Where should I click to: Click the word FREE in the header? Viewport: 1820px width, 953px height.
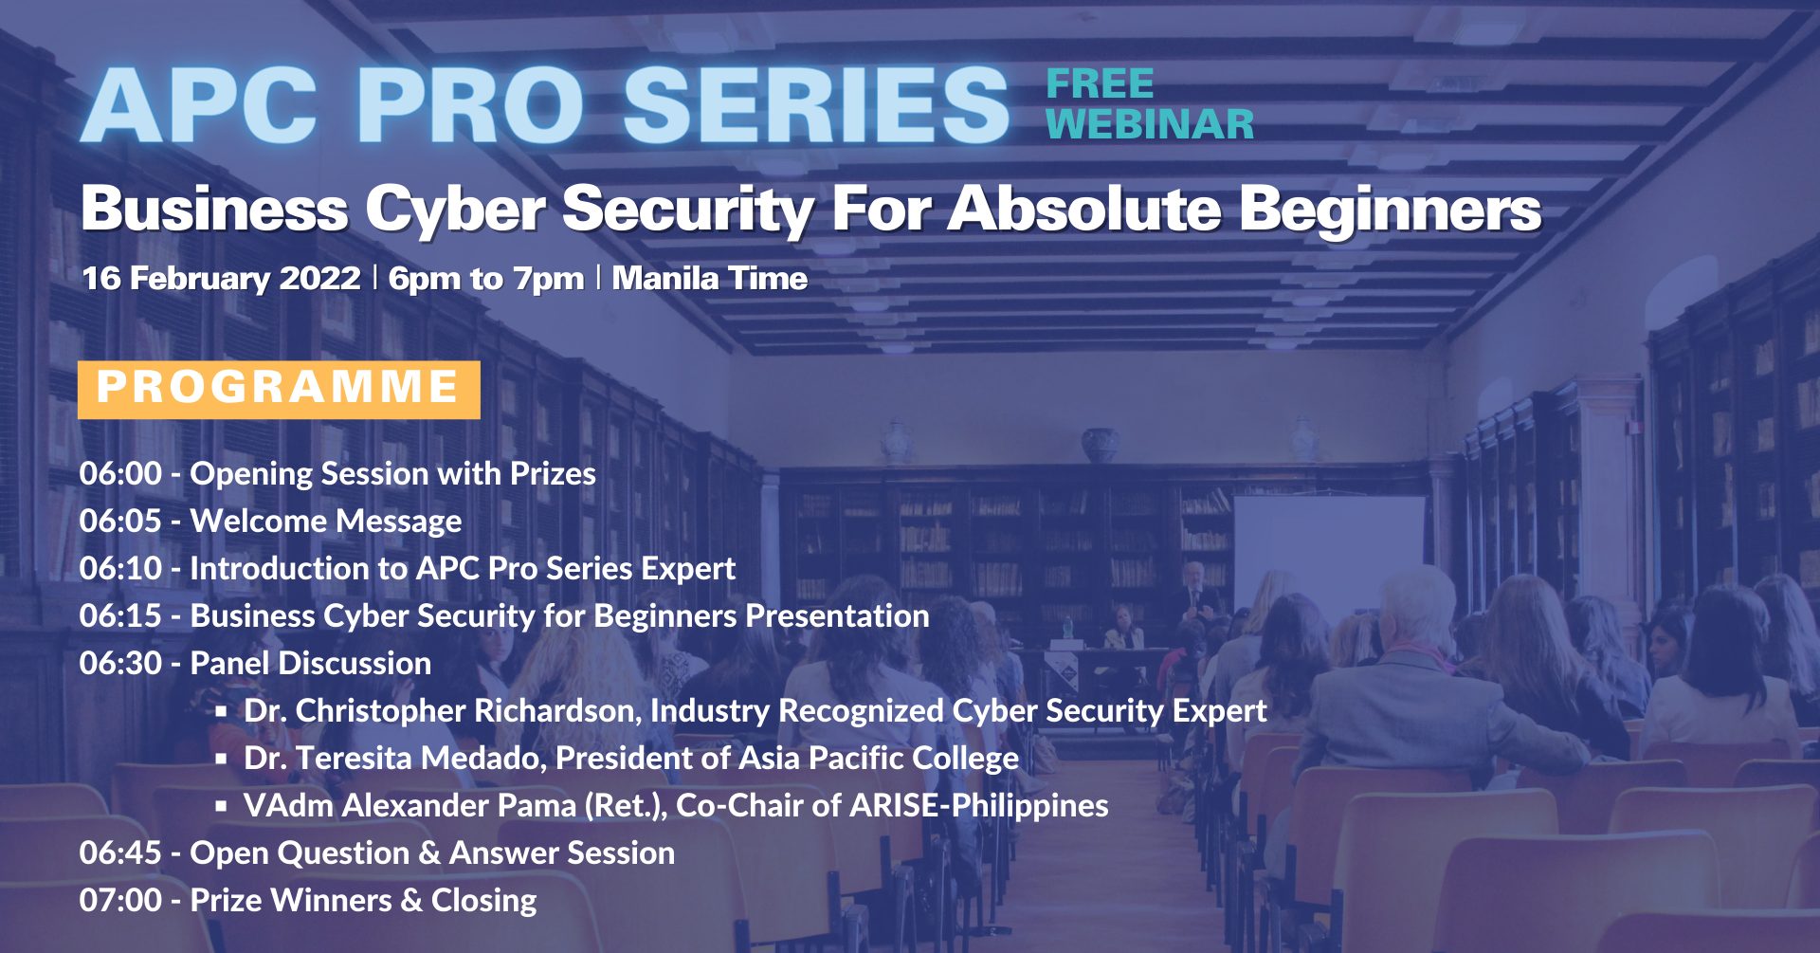pyautogui.click(x=1100, y=84)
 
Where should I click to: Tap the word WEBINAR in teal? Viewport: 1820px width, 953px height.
pyautogui.click(x=1150, y=124)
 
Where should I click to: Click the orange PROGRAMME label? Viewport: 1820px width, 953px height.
pyautogui.click(x=279, y=389)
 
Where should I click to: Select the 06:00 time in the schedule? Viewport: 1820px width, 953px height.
pyautogui.click(x=120, y=473)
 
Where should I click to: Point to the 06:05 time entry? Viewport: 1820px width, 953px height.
pyautogui.click(x=120, y=521)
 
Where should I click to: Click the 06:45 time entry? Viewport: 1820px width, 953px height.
pyautogui.click(x=120, y=852)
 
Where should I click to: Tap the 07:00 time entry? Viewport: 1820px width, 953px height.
pyautogui.click(x=120, y=900)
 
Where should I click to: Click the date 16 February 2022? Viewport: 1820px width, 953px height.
pyautogui.click(x=221, y=278)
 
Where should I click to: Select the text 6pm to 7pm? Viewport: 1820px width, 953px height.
pyautogui.click(x=486, y=278)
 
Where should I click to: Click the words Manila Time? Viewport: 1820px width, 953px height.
pyautogui.click(x=710, y=278)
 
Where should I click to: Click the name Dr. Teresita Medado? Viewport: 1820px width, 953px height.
pyautogui.click(x=392, y=758)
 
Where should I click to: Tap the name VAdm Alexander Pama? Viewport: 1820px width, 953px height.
pyautogui.click(x=409, y=805)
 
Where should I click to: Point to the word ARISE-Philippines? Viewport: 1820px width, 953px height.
pyautogui.click(x=979, y=805)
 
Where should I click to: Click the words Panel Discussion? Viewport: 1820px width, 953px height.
pyautogui.click(x=311, y=663)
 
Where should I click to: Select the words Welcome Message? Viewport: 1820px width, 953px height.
pyautogui.click(x=326, y=521)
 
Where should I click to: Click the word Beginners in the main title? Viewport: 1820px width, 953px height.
pyautogui.click(x=1391, y=210)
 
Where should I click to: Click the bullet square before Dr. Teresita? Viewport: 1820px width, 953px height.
pyautogui.click(x=221, y=759)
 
